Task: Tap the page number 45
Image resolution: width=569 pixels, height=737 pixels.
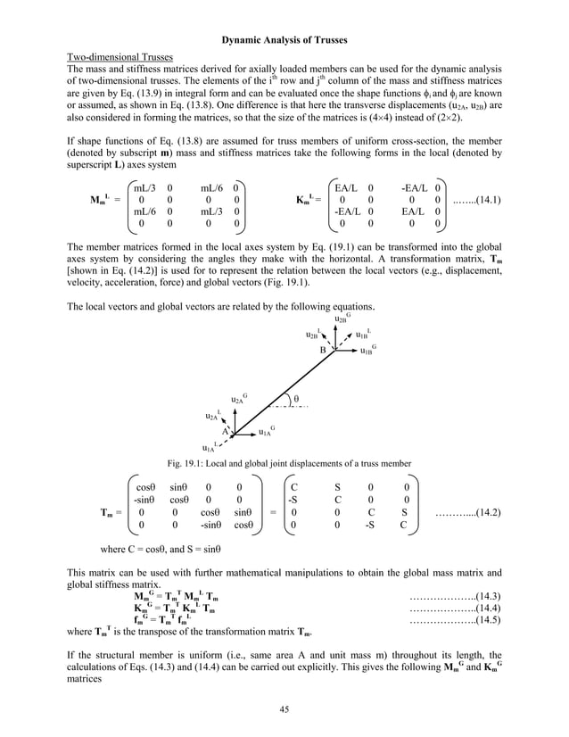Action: (x=284, y=709)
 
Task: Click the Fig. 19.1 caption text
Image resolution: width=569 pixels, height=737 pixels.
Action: (x=284, y=463)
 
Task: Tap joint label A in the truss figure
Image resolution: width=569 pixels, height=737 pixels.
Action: (x=226, y=431)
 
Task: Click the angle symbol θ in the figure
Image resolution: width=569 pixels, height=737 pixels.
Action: (x=296, y=398)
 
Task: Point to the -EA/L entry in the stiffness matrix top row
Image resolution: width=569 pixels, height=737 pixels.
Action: (x=410, y=188)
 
